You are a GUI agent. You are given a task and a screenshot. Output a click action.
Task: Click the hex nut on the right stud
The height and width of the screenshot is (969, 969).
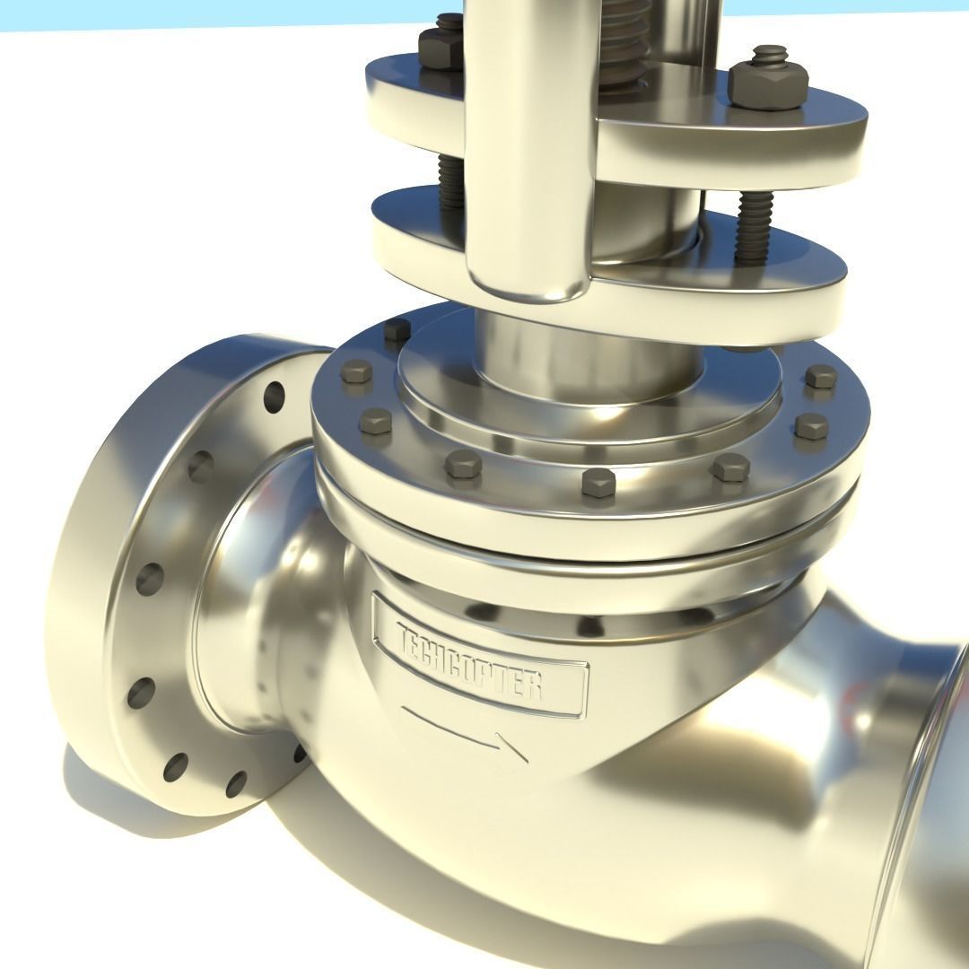[x=768, y=83]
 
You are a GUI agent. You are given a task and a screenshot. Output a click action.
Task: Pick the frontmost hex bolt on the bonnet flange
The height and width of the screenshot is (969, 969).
[x=597, y=481]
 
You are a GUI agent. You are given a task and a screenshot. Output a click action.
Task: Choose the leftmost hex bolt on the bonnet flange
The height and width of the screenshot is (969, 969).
[x=357, y=371]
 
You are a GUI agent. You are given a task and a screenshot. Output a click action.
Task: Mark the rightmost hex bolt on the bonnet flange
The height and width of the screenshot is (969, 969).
[x=820, y=377]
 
